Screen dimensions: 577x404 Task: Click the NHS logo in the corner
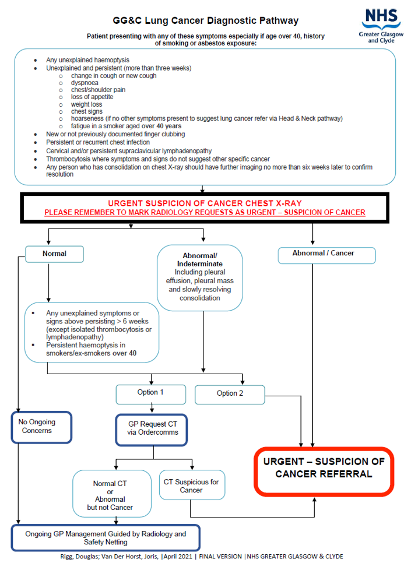(x=378, y=18)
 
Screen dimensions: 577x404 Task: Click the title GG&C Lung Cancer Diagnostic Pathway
(x=206, y=21)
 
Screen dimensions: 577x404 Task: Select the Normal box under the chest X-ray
(x=55, y=254)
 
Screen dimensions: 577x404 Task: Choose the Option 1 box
(x=150, y=392)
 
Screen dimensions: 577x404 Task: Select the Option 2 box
(x=230, y=393)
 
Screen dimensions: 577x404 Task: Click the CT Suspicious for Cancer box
(x=191, y=485)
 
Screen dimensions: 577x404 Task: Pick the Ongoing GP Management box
(x=106, y=537)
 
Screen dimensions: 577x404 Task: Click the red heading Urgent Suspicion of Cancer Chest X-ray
(x=205, y=203)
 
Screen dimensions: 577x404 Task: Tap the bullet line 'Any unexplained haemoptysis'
(x=88, y=60)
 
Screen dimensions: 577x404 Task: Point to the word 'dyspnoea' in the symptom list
(x=85, y=83)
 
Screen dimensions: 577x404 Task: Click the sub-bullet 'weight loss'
(x=86, y=104)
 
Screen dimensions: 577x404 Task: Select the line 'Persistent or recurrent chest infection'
(x=98, y=142)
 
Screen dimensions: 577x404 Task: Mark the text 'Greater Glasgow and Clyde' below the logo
(x=380, y=37)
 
